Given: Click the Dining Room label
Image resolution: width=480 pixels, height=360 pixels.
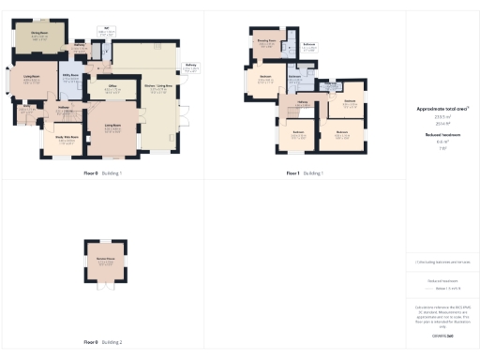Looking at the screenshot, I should [x=38, y=34].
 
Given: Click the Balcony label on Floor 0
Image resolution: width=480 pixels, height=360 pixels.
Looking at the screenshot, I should [x=191, y=65].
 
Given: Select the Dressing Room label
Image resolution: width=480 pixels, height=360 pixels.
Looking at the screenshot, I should [x=266, y=40].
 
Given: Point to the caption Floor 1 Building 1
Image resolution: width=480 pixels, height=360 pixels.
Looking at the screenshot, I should [x=306, y=173].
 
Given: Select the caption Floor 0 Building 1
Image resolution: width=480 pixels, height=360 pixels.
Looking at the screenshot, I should [x=103, y=173].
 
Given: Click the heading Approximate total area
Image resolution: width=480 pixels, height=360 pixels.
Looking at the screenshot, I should [x=442, y=109].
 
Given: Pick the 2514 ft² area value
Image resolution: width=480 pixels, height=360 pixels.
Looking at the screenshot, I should [x=442, y=124].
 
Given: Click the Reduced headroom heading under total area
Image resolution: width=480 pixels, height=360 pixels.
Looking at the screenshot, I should [x=442, y=135].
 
